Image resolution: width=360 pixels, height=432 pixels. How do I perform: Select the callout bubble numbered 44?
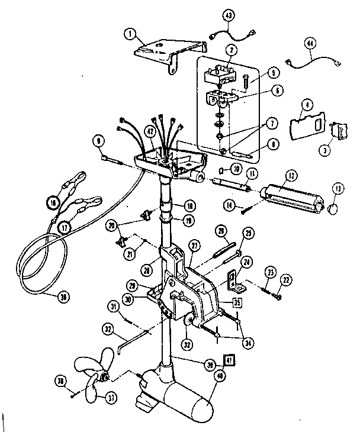(x=309, y=43)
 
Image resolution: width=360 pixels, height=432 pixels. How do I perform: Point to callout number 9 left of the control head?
(x=98, y=140)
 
